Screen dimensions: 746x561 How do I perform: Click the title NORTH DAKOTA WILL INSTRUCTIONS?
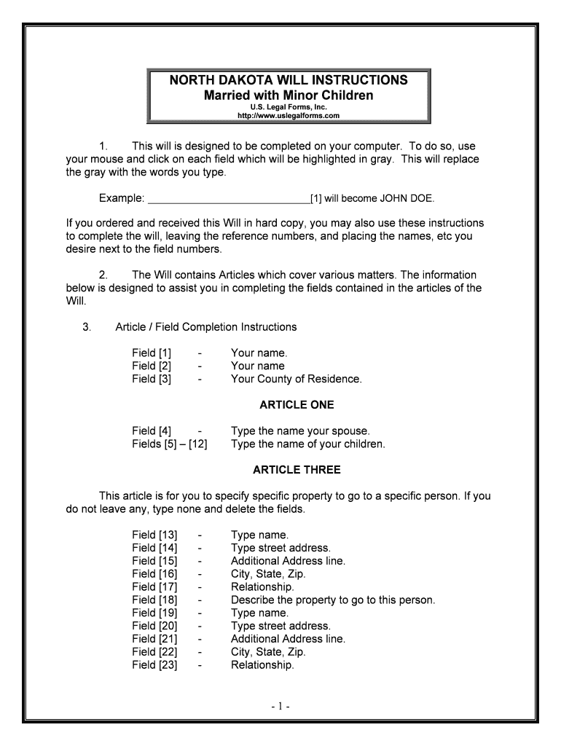289,79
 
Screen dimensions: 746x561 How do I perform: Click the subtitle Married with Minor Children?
289,95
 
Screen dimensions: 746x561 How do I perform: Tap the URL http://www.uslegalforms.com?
289,116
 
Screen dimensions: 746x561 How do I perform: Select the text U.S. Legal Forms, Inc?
289,107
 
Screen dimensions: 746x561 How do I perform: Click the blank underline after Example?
229,198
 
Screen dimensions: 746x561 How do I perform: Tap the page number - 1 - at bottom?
281,706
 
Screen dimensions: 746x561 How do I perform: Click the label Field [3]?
152,379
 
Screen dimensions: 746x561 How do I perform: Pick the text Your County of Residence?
296,379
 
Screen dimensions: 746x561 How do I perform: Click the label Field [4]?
152,431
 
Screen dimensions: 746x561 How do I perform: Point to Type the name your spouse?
300,431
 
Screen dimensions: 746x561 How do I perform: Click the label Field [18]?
154,600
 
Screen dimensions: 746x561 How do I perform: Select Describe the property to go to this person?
333,600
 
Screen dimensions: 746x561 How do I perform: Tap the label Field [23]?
154,665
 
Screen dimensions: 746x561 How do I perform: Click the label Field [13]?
154,535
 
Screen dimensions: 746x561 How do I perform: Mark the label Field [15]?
154,561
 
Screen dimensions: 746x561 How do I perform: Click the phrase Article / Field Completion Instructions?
205,327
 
